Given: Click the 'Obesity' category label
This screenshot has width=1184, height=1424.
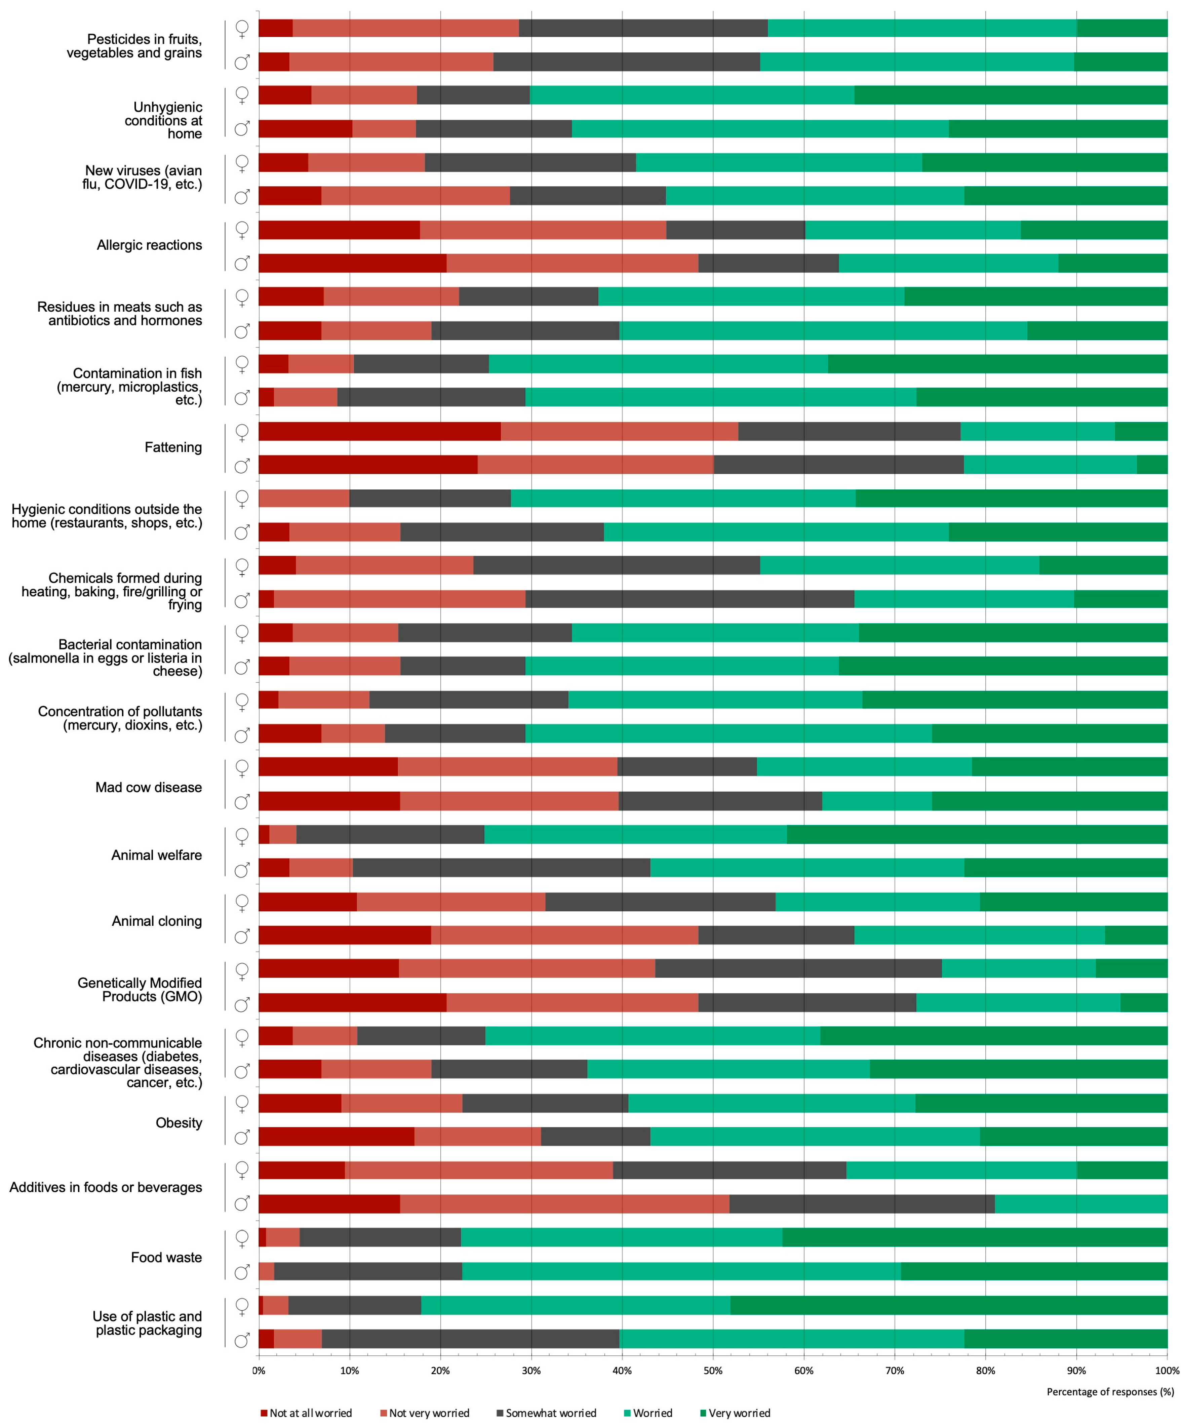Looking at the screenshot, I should (x=179, y=1123).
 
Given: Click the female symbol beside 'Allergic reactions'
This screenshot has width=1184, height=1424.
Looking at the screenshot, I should (x=241, y=230).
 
